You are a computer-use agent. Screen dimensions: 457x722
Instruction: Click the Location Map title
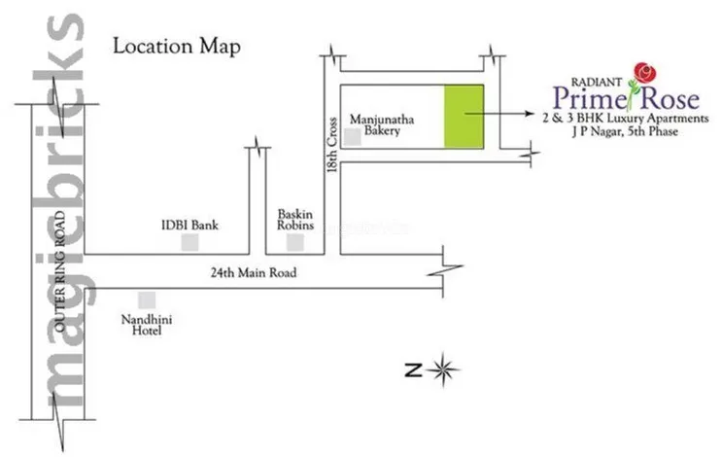click(176, 46)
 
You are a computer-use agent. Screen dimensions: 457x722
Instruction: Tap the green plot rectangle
click(464, 117)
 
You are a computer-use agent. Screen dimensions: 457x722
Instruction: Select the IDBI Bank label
click(189, 226)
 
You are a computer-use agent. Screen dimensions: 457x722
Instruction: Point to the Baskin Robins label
click(295, 219)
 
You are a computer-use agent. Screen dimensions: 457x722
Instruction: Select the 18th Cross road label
click(331, 147)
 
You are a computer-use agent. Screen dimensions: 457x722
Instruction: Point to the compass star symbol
click(444, 369)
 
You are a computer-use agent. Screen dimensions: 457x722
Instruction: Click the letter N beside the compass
click(413, 369)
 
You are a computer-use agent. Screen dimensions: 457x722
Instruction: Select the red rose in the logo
click(642, 71)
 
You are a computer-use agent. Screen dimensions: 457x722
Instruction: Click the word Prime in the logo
click(582, 96)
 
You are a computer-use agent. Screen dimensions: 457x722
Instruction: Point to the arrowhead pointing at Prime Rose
click(528, 114)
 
